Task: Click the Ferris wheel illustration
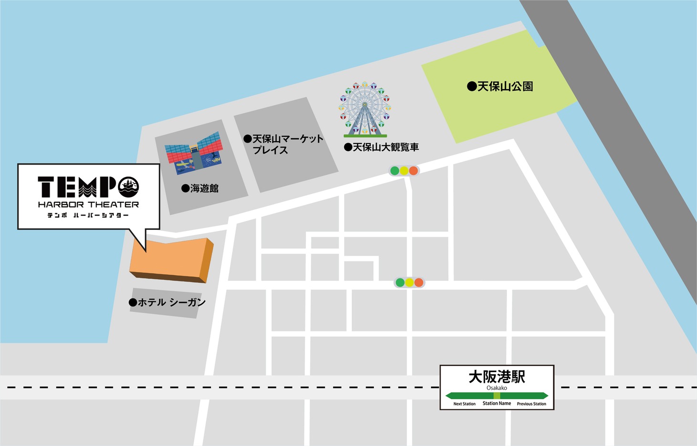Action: (x=365, y=109)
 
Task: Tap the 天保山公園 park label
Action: (x=500, y=87)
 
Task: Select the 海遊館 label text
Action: (x=200, y=188)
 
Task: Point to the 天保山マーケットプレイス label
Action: (x=284, y=144)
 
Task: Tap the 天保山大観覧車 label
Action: (x=381, y=147)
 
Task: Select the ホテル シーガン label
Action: (x=167, y=302)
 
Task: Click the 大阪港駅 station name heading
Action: (x=496, y=377)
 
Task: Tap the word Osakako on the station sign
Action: (x=496, y=388)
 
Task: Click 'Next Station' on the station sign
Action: (x=464, y=404)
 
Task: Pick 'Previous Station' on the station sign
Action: (x=531, y=404)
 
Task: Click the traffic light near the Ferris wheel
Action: (x=404, y=171)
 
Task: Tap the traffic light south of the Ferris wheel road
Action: (x=409, y=282)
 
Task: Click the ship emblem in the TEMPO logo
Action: (x=128, y=187)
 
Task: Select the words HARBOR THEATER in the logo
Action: (x=88, y=205)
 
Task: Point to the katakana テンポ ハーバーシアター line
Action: (x=88, y=216)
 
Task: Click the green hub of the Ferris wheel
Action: (x=365, y=104)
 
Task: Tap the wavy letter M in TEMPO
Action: (x=88, y=187)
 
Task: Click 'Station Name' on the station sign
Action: (x=496, y=404)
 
